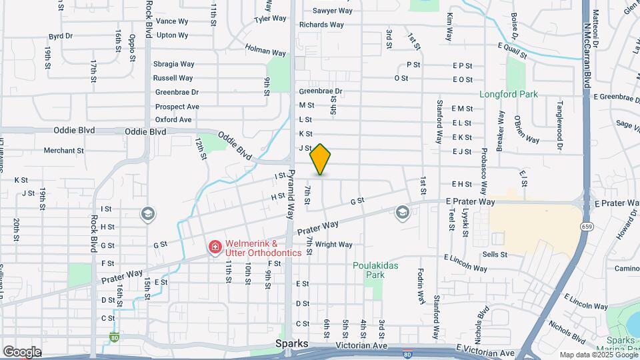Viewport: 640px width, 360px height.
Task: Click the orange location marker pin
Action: pyautogui.click(x=321, y=159)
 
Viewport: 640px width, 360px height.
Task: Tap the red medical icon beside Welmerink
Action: pyautogui.click(x=215, y=248)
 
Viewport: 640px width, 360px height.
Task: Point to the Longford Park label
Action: pyautogui.click(x=509, y=94)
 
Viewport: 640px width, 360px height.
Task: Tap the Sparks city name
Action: pyautogui.click(x=293, y=344)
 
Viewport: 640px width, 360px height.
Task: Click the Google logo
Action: pyautogui.click(x=21, y=352)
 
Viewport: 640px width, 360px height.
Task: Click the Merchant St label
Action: pyautogui.click(x=63, y=151)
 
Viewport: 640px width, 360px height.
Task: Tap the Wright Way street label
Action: pyautogui.click(x=333, y=245)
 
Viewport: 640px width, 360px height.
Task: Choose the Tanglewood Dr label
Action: pyautogui.click(x=560, y=116)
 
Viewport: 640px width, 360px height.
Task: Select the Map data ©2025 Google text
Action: pyautogui.click(x=598, y=355)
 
